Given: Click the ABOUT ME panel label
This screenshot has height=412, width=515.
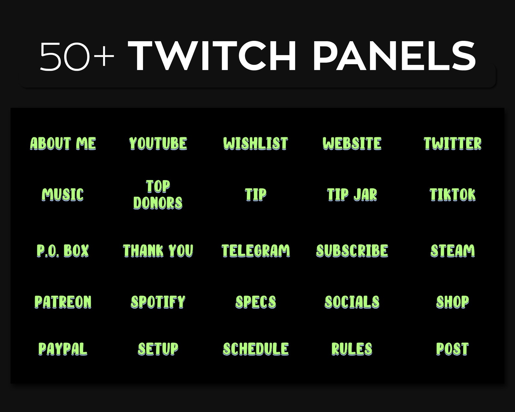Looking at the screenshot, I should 63,143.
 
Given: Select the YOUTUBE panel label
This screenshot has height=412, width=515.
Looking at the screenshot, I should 158,143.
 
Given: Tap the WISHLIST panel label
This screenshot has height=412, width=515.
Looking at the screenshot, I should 256,143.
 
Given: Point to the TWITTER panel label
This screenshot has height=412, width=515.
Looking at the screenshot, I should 452,143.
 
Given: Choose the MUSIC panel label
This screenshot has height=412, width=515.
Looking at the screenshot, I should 63,195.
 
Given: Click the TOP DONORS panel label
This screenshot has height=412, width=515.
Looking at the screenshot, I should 158,195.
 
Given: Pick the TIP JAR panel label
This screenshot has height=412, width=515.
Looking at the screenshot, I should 352,195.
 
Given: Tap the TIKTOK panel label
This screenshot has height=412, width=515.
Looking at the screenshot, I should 452,195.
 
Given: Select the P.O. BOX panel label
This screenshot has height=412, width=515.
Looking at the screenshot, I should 63,251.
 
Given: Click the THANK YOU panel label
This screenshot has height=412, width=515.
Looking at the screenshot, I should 158,251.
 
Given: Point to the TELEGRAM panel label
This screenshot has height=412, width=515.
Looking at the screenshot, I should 256,251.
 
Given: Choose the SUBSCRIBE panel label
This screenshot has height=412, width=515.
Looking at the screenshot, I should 352,251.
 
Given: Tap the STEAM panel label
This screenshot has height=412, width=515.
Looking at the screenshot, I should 452,251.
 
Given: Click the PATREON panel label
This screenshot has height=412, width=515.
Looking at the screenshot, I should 63,302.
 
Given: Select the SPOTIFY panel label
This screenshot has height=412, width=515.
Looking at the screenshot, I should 158,302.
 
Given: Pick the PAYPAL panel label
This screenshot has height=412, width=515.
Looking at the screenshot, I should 63,349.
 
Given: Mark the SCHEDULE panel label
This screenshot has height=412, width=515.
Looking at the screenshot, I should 256,349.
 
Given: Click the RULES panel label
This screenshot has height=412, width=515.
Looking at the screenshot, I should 352,349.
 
